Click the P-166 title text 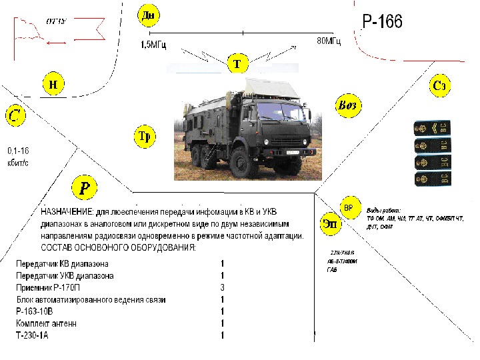[x=382, y=22]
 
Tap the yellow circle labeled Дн [x=147, y=15]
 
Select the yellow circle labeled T [x=238, y=64]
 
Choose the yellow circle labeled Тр [x=145, y=137]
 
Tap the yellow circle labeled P [x=85, y=187]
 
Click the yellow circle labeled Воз [x=348, y=105]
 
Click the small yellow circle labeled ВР [x=349, y=207]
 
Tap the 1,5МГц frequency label [x=153, y=45]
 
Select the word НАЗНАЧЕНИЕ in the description [x=67, y=211]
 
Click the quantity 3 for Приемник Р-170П [x=222, y=287]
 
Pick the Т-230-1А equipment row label [x=33, y=335]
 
